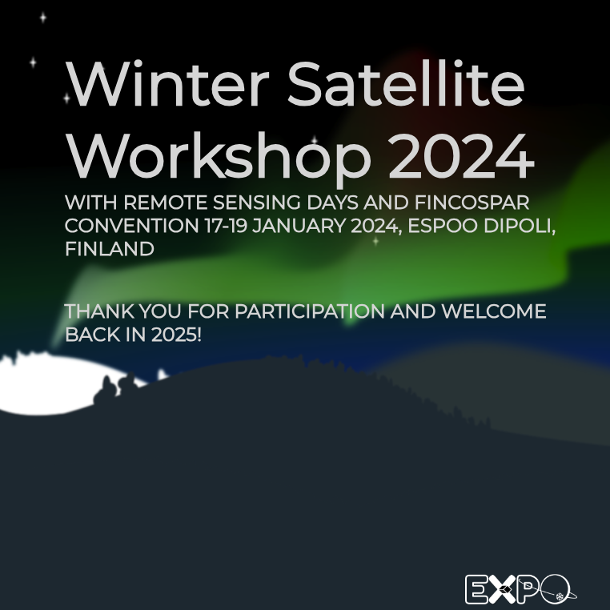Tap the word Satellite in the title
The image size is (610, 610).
click(406, 83)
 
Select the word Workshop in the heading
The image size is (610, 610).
click(219, 155)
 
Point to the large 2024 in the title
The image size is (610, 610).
click(461, 155)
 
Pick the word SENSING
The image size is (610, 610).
click(257, 203)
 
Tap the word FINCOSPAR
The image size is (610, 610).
click(472, 203)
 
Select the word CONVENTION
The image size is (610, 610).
click(131, 226)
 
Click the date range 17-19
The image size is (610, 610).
click(226, 226)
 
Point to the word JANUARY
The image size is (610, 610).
click(299, 226)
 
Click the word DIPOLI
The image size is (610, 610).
click(520, 226)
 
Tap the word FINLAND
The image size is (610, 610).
click(110, 249)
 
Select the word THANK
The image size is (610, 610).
click(99, 311)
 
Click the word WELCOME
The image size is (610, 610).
click(494, 311)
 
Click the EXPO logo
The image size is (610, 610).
click(520, 589)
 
